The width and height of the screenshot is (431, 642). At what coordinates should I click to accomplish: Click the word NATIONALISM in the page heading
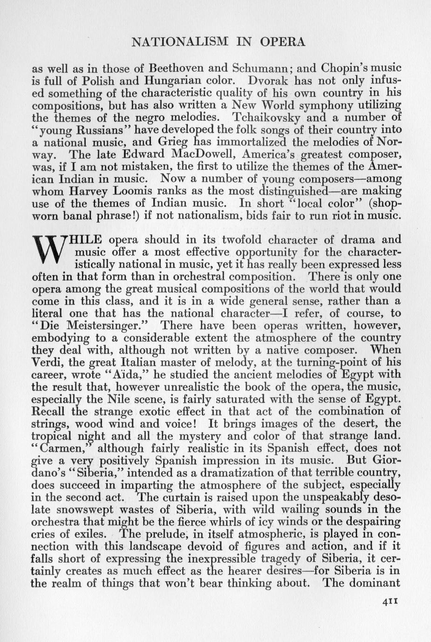point(179,42)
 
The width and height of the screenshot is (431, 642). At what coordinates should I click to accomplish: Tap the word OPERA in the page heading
point(282,42)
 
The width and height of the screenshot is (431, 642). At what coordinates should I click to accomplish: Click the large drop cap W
point(48,251)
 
